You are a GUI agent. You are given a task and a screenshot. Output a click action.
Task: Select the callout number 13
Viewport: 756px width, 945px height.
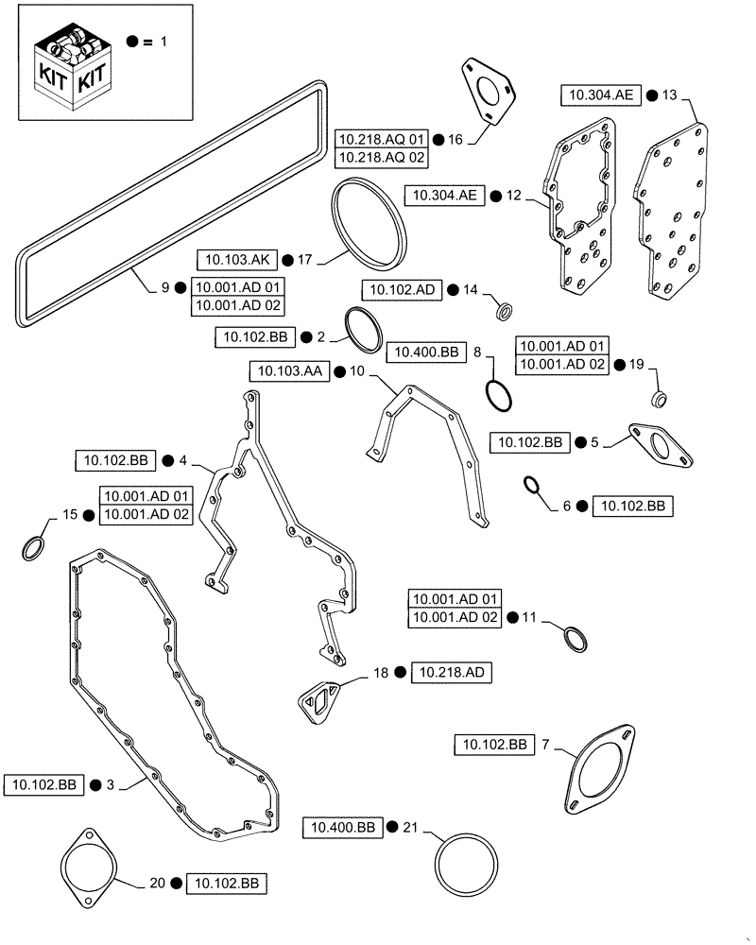pos(669,94)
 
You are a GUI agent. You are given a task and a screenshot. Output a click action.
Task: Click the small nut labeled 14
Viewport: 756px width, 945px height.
pos(507,309)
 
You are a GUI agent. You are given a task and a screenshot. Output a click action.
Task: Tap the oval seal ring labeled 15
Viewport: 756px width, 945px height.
pos(33,547)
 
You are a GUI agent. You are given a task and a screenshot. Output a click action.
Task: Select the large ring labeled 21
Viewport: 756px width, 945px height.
pos(468,863)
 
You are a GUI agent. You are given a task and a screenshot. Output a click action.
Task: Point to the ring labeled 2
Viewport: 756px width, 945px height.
pos(363,328)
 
